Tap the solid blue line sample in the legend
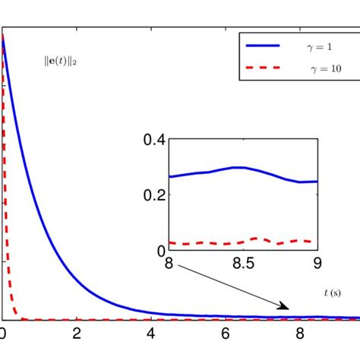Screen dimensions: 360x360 pos(263,46)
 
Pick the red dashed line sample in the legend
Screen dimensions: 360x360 pos(263,68)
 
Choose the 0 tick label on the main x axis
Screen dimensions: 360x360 pos(4,333)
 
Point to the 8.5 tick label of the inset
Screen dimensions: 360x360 pos(242,264)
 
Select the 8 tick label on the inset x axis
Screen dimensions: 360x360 pos(168,264)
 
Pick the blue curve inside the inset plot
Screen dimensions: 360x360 pos(240,167)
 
